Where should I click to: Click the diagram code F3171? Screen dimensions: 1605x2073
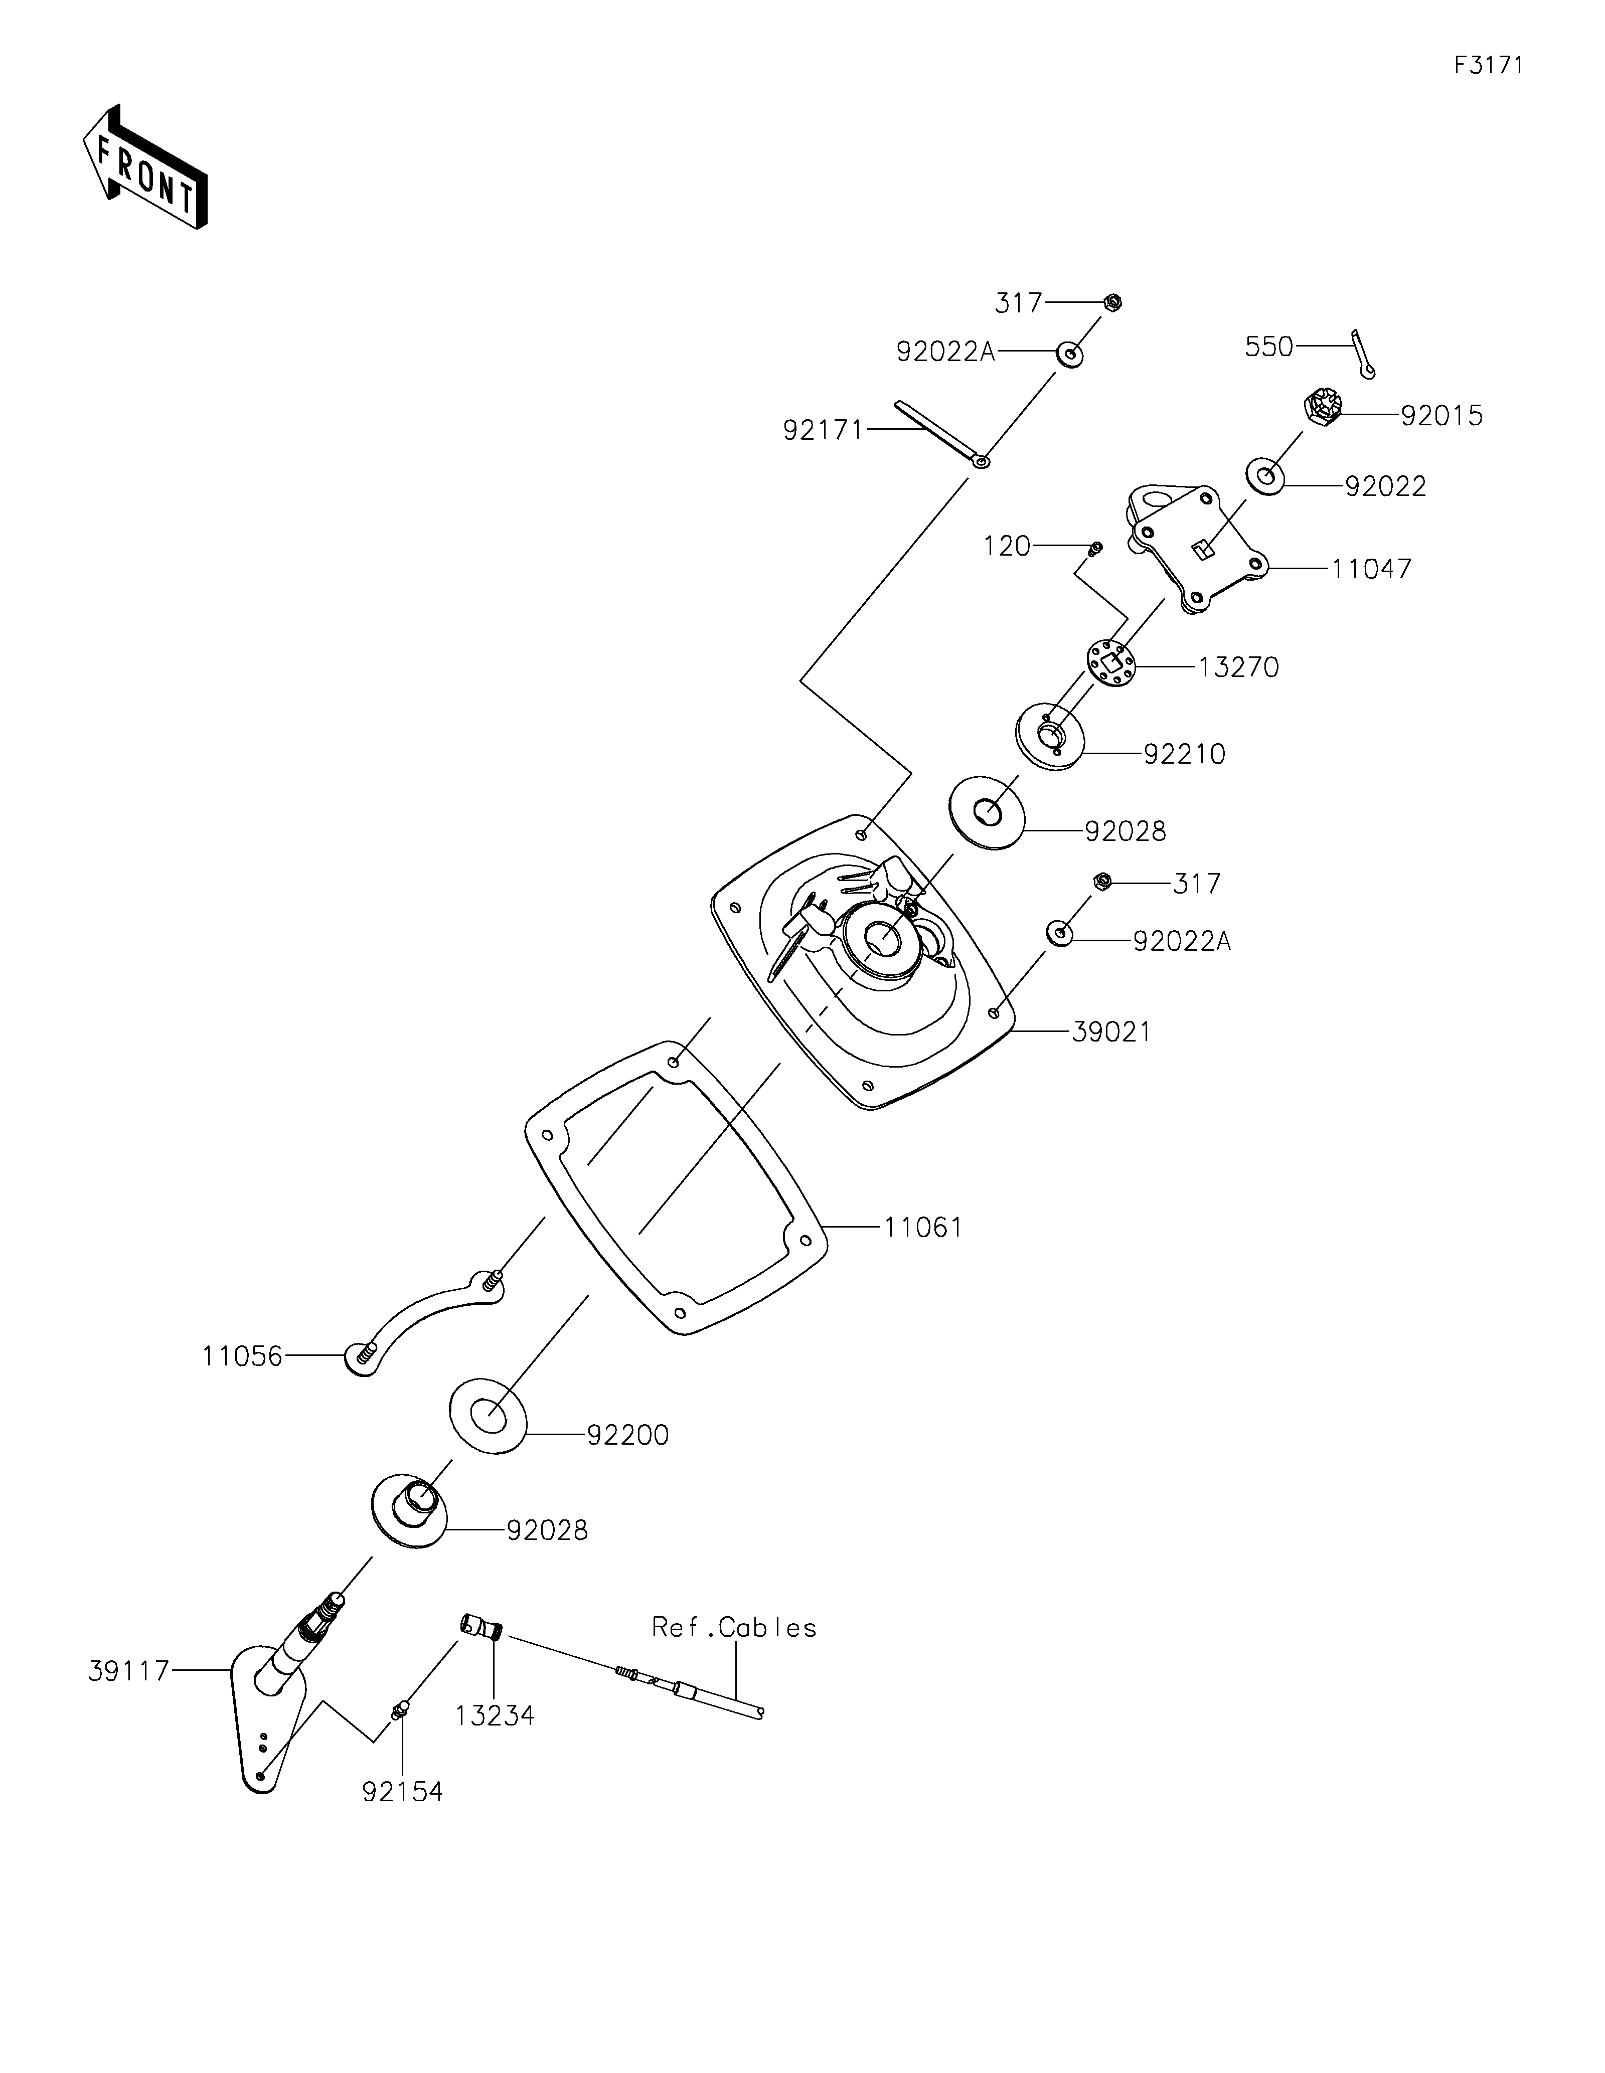click(x=1488, y=66)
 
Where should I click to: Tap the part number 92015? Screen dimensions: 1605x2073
click(x=1442, y=416)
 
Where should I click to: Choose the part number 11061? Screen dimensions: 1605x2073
click(x=923, y=1227)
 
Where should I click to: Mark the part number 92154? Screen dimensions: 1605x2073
click(x=402, y=1791)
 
